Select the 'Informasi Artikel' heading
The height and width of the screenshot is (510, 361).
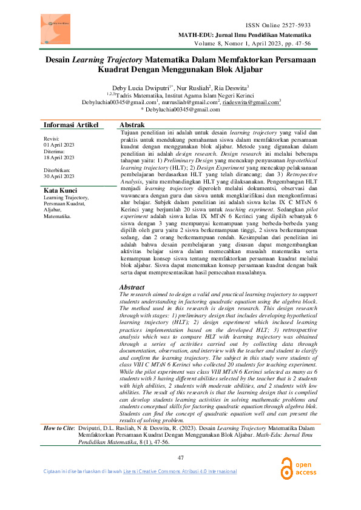pos(71,125)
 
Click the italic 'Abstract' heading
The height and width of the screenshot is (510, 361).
pos(132,287)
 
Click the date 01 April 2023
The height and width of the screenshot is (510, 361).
pos(59,146)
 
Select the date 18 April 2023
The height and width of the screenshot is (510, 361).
pos(59,157)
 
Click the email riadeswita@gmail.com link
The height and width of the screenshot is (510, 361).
pos(250,102)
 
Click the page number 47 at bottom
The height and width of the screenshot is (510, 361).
pos(180,457)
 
